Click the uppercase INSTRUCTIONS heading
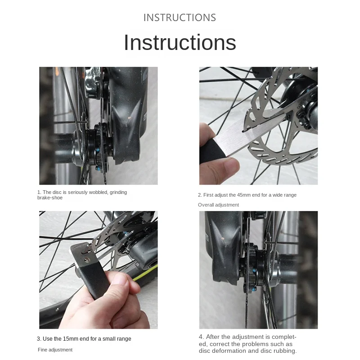coord(180,18)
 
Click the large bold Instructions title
coord(180,42)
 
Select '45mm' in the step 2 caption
coord(243,195)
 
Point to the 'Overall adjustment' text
coord(218,205)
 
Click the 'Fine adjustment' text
coord(55,350)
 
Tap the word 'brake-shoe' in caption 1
coord(50,198)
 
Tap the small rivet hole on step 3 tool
coord(86,260)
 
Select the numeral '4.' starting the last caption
coord(201,337)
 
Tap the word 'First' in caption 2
coord(208,195)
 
